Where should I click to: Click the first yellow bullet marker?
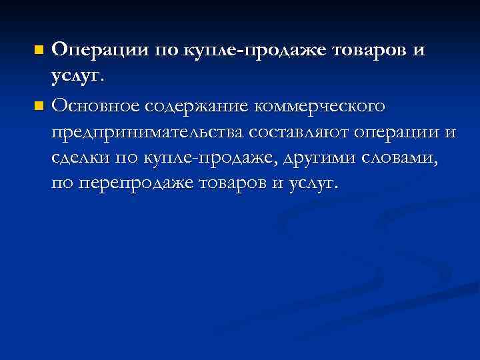[x=39, y=50]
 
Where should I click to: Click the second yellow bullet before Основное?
[x=39, y=105]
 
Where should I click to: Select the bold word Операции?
[x=99, y=50]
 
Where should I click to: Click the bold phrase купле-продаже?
[x=249, y=51]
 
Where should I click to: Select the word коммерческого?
[x=321, y=106]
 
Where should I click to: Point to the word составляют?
[x=302, y=133]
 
